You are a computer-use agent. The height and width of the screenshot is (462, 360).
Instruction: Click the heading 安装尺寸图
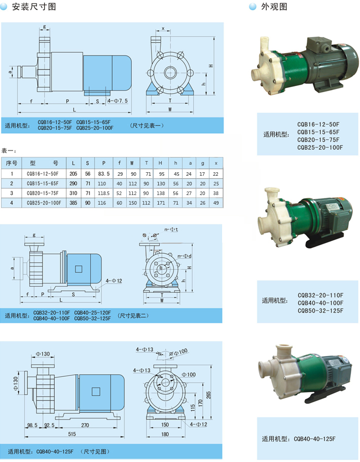(34, 7)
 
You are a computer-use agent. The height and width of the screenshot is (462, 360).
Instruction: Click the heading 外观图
(274, 7)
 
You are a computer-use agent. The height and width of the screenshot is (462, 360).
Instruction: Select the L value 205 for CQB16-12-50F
(74, 174)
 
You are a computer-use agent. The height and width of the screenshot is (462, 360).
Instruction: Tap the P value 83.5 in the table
(104, 174)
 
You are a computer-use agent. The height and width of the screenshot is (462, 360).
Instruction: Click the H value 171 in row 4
(161, 203)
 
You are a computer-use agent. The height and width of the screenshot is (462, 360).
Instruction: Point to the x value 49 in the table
(216, 203)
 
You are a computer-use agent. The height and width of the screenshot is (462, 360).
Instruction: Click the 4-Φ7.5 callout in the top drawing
(118, 101)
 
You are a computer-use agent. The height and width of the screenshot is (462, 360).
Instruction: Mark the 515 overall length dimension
(72, 434)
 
